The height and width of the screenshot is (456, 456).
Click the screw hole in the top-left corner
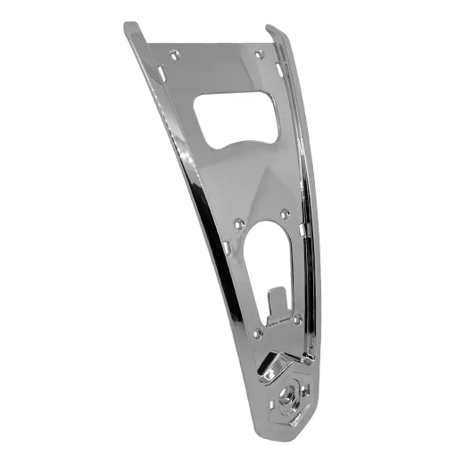point(175,54)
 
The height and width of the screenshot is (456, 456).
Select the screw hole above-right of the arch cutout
point(284,213)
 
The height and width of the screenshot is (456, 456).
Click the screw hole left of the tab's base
point(257,334)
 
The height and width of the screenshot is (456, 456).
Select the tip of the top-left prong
point(129,26)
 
